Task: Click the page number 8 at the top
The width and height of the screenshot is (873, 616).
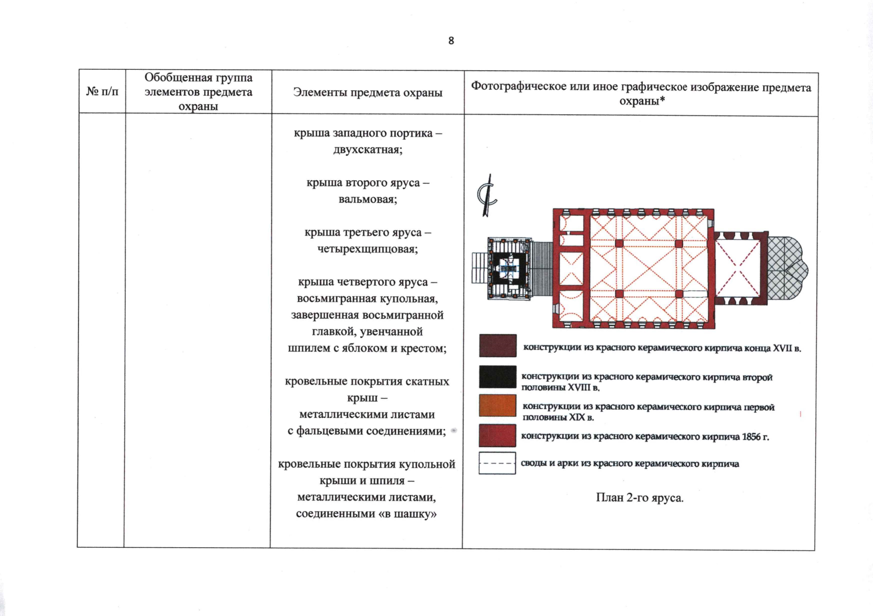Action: tap(451, 41)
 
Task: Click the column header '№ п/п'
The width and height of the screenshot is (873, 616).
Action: tap(102, 92)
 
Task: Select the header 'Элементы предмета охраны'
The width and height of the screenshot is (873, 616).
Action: tap(367, 92)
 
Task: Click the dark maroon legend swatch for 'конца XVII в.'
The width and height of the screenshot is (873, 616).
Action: tap(498, 345)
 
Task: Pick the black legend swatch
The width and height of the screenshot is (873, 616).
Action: tap(498, 377)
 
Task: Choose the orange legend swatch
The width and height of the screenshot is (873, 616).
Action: tap(498, 406)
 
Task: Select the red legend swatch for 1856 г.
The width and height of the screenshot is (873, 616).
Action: tap(498, 436)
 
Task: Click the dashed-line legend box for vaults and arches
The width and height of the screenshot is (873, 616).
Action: tap(497, 463)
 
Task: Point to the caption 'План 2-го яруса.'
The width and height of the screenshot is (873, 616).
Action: tap(639, 497)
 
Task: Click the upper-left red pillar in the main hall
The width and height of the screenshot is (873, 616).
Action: tap(619, 243)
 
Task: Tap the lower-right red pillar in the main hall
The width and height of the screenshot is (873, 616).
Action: tap(679, 294)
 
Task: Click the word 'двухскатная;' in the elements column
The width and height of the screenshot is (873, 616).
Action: tap(367, 150)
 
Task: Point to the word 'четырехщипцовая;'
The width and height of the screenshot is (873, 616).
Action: tap(367, 249)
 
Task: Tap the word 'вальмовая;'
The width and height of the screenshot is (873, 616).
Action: tap(367, 199)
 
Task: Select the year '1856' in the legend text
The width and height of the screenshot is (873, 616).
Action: tap(751, 437)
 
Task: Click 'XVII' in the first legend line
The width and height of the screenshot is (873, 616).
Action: tap(783, 348)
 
